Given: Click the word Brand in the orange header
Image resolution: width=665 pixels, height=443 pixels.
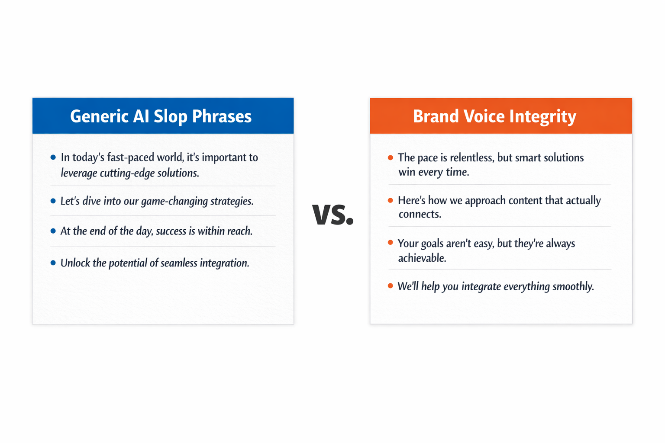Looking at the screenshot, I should (436, 116).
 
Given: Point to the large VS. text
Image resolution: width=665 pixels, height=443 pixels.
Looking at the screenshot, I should (332, 214).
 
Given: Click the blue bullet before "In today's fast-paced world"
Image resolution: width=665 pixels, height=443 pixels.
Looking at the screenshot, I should (53, 157).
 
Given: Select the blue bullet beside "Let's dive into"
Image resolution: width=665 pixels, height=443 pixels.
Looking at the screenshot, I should (53, 201).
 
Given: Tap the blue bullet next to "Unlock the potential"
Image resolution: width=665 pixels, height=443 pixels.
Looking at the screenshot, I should (53, 263).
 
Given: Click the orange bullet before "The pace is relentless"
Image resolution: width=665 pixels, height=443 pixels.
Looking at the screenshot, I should (391, 157).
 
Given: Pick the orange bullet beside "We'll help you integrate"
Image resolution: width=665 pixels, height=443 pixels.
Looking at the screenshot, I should (391, 286).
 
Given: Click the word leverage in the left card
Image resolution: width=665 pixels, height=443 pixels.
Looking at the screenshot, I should (79, 173).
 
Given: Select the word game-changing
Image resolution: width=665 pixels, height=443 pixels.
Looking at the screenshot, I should (174, 201).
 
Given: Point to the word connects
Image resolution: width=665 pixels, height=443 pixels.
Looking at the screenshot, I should (420, 214).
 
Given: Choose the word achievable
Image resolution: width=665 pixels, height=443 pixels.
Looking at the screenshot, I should (422, 258).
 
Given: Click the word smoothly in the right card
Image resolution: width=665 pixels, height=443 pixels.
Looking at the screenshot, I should (573, 286).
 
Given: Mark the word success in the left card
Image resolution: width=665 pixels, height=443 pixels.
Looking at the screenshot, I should (171, 231).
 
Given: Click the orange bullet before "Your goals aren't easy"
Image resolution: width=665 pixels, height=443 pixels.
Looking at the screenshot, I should (391, 243).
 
